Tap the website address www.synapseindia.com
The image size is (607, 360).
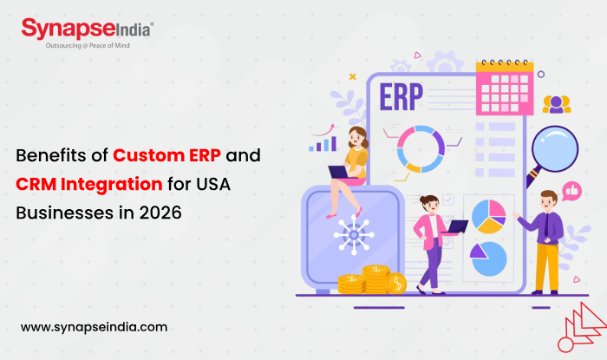coord(94,327)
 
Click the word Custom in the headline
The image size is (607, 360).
coord(154,158)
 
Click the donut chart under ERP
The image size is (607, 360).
coord(418,148)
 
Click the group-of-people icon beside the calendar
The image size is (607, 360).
coord(557,105)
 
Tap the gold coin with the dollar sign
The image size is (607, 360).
coord(396,283)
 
